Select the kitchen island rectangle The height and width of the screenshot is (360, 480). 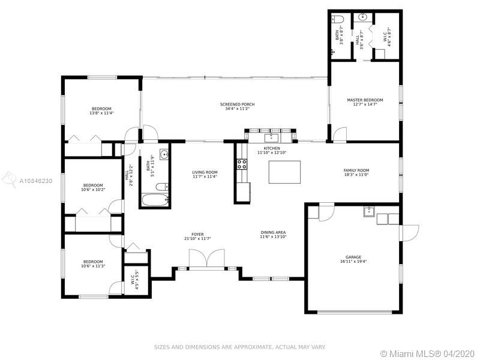[284, 172]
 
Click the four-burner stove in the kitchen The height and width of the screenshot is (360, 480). [242, 164]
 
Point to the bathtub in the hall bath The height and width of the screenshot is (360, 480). [155, 200]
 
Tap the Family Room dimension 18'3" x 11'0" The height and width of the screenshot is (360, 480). [356, 175]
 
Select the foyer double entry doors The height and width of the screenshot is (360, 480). [207, 259]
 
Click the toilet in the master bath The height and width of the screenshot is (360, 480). [338, 19]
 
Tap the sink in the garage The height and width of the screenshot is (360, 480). [369, 212]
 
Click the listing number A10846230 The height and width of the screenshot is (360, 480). [36, 181]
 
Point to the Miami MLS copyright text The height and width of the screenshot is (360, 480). [427, 353]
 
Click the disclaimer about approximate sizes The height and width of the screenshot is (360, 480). [239, 347]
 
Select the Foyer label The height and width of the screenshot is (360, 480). [197, 235]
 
